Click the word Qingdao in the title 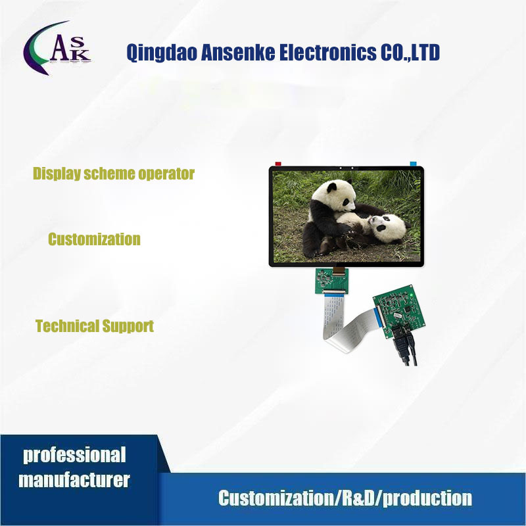(x=161, y=53)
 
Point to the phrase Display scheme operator (x=114, y=174)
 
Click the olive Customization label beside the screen (x=94, y=239)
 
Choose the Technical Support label (x=95, y=326)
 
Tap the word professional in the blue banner (x=74, y=456)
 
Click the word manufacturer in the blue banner (x=74, y=480)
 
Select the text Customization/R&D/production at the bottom (x=345, y=498)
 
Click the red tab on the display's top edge (x=278, y=164)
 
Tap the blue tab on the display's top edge (x=413, y=164)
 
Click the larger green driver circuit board (x=399, y=311)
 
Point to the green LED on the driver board (x=412, y=295)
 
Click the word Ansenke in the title (x=237, y=53)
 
